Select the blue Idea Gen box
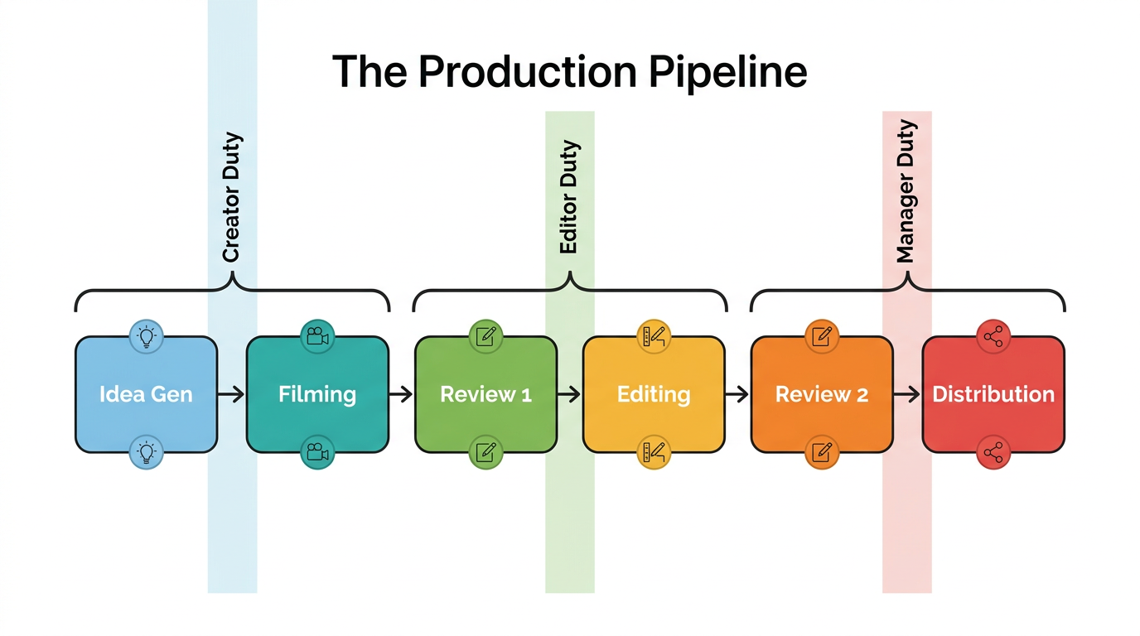click(146, 394)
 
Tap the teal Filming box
click(317, 394)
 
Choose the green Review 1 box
click(485, 394)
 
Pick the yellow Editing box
click(654, 394)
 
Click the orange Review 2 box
click(822, 394)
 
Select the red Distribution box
click(993, 394)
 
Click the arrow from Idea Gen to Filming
click(232, 394)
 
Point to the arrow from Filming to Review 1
click(401, 394)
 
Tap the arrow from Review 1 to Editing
click(569, 394)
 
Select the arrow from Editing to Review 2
click(737, 394)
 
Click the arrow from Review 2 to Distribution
click(907, 394)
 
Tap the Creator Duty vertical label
click(232, 197)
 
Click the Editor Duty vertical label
click(569, 197)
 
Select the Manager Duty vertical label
click(906, 191)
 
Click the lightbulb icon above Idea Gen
click(147, 336)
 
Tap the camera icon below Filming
click(317, 452)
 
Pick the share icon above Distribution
click(993, 336)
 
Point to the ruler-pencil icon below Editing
click(654, 452)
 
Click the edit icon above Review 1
click(486, 336)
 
